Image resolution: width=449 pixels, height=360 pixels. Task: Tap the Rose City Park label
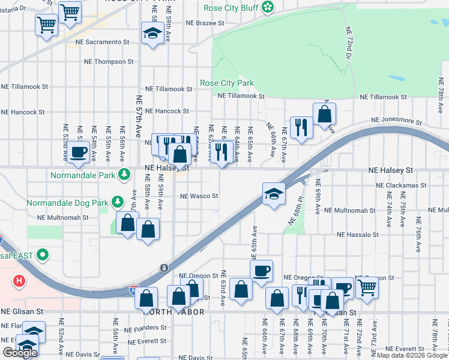point(227,83)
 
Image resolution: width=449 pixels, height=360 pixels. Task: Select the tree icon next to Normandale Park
point(124,175)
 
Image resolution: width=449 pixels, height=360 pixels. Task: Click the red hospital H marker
point(20,281)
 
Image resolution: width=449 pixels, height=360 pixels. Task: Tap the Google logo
point(19,353)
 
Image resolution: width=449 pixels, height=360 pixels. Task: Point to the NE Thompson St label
point(109,62)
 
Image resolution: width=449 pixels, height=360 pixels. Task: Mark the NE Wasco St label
point(199,196)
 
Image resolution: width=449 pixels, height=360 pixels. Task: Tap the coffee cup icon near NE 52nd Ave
point(77,152)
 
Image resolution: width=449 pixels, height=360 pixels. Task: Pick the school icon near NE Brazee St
point(152,33)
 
